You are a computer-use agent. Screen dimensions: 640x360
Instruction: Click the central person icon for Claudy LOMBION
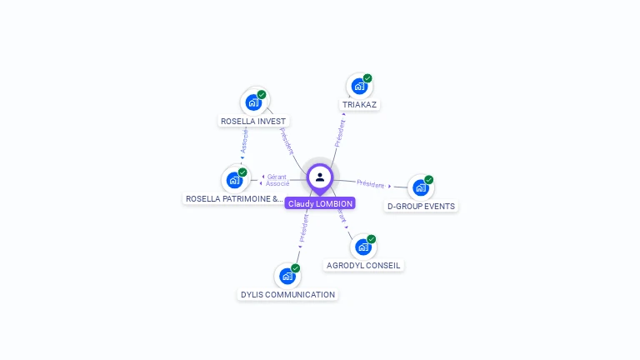[320, 177]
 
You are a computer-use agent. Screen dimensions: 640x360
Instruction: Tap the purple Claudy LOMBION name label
[320, 203]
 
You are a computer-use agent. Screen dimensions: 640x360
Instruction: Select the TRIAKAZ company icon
[358, 85]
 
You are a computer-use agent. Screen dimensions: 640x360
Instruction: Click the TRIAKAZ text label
[360, 105]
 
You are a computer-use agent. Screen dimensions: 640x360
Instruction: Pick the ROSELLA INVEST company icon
[253, 102]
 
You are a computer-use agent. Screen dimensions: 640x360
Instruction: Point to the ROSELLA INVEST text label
[253, 122]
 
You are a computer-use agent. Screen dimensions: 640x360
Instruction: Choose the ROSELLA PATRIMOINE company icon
[234, 179]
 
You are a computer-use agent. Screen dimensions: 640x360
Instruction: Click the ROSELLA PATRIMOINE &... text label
[234, 199]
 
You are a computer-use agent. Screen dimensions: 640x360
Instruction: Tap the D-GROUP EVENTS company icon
[421, 187]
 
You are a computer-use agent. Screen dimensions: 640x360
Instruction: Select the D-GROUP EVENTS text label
[422, 206]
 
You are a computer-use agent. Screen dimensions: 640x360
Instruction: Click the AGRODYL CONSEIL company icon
[362, 247]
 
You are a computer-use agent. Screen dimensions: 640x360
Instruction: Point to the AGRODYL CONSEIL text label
[363, 266]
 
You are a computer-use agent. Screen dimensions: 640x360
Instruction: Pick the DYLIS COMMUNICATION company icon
[287, 275]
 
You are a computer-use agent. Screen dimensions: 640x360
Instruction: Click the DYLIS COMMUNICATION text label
[287, 294]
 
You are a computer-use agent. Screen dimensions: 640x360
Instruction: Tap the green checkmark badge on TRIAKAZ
[367, 78]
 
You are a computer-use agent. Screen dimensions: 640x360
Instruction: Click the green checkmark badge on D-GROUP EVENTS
[429, 180]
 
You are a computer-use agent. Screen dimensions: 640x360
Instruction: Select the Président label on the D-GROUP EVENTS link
[371, 183]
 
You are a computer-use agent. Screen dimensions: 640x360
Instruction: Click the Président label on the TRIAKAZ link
[340, 133]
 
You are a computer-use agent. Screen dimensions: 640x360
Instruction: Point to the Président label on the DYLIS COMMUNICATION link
[304, 227]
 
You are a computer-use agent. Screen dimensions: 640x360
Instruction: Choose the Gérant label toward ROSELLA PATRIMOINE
[277, 177]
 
